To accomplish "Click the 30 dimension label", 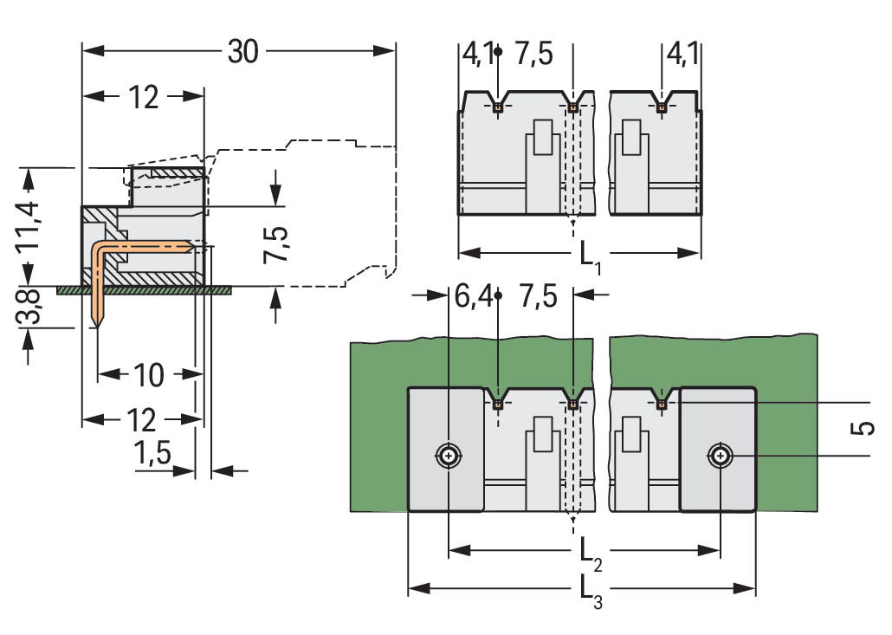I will [x=242, y=52].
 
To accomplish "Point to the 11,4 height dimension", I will [x=31, y=224].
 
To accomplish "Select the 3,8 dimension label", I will [x=31, y=306].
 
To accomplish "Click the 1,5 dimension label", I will [x=153, y=453].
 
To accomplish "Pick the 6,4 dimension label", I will [x=473, y=297].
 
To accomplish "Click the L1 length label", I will [x=588, y=255].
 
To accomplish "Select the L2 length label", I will [x=588, y=552].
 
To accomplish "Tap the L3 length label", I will [x=588, y=592].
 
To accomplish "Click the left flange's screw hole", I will [x=448, y=455].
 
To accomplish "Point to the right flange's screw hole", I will [x=720, y=455].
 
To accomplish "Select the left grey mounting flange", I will [x=446, y=450].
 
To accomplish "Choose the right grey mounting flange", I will [x=718, y=450].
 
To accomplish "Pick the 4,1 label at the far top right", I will [x=682, y=55].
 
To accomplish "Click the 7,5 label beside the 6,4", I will [x=537, y=297].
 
